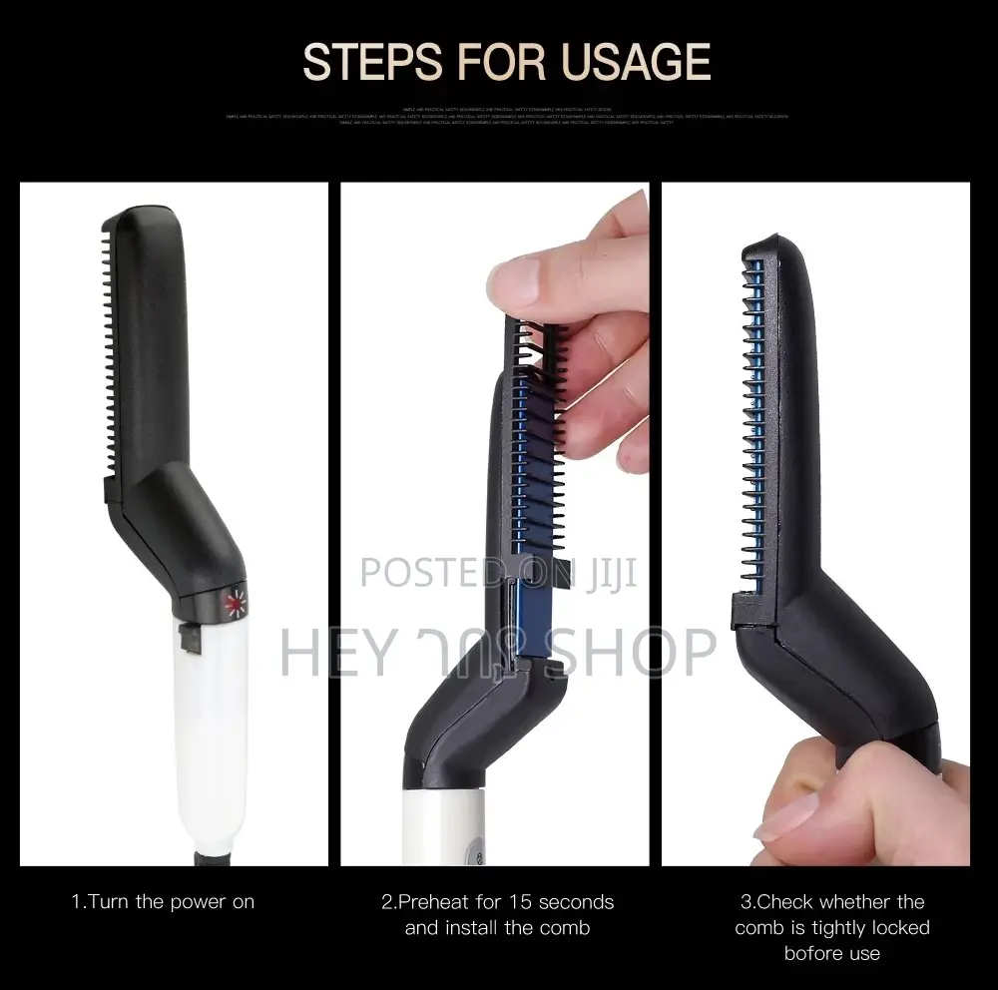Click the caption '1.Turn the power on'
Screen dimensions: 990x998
pos(163,902)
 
